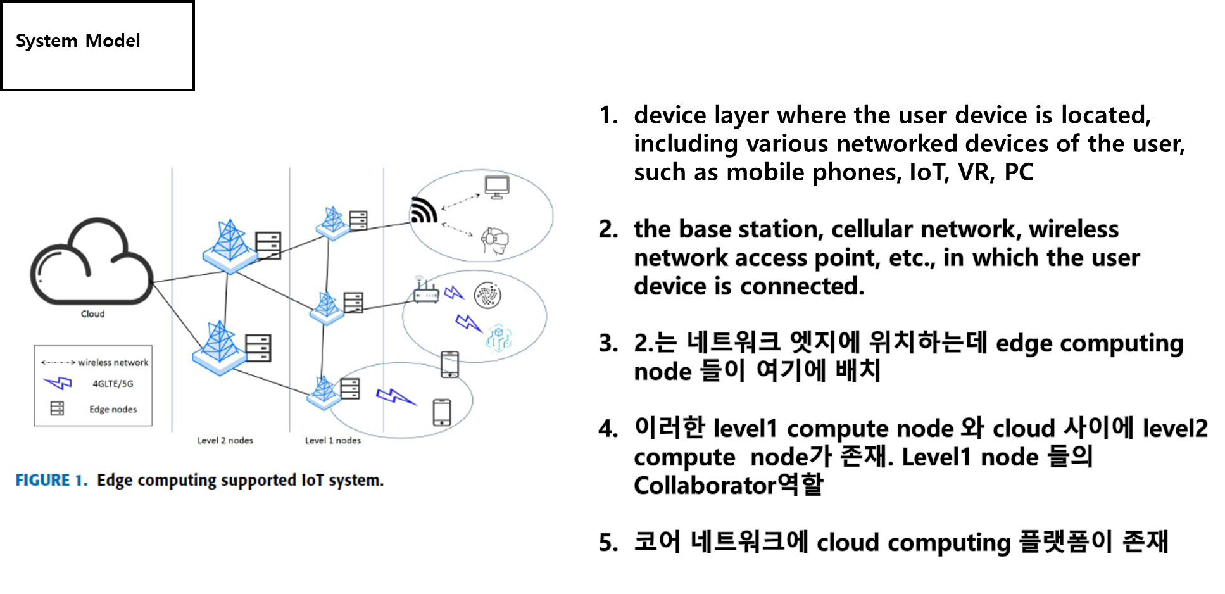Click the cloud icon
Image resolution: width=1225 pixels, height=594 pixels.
coord(91,262)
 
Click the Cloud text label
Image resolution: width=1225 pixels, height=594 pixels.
coord(92,314)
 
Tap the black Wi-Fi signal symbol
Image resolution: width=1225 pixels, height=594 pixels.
coord(424,210)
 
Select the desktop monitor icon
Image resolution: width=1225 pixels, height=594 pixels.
coord(497,187)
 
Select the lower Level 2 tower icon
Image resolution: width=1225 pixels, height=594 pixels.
coord(219,348)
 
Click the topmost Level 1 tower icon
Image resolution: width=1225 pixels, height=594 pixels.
coord(332,222)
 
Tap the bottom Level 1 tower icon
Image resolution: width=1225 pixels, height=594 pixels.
coord(324,393)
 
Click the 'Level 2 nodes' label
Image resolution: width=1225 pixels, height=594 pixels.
coord(225,441)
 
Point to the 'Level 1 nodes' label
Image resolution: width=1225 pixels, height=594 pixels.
coord(332,441)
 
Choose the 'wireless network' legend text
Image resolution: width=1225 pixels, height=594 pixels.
coord(113,363)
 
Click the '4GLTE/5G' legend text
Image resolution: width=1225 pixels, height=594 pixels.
coord(113,384)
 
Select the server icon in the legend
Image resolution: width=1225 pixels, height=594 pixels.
coord(57,408)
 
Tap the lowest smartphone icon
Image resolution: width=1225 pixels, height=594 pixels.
coord(442,413)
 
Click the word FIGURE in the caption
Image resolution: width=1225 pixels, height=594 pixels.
coord(42,481)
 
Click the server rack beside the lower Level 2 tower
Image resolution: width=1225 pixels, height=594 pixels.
coord(258,348)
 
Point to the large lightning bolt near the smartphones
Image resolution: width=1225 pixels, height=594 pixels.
coord(396,397)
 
